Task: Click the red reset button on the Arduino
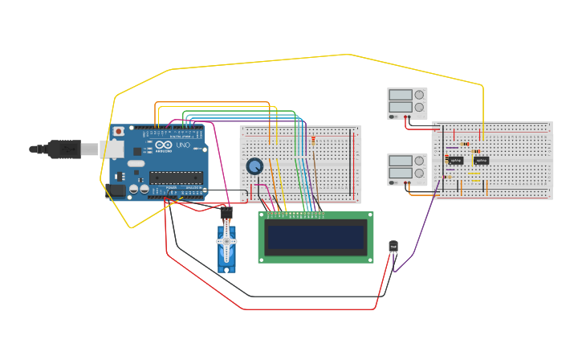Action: [119, 131]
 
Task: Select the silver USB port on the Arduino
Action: [111, 149]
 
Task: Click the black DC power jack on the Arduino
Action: [116, 190]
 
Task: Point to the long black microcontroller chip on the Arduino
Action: [176, 178]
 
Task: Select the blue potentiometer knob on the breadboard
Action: [254, 166]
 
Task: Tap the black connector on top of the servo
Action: [226, 215]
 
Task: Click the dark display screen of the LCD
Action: [316, 236]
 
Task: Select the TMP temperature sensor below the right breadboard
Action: [393, 246]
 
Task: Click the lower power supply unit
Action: [407, 170]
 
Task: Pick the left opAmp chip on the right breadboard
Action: [456, 161]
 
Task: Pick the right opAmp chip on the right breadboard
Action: [481, 160]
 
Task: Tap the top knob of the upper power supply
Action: [419, 95]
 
